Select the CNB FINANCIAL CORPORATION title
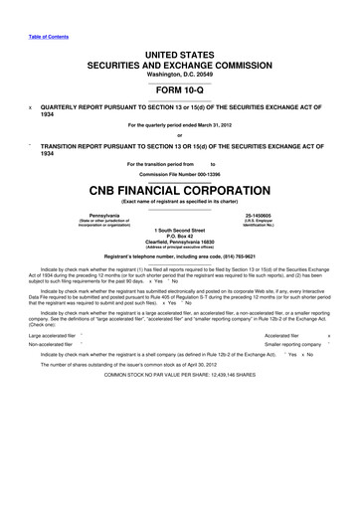point(180,187)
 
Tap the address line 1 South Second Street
point(180,232)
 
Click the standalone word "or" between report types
point(180,136)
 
